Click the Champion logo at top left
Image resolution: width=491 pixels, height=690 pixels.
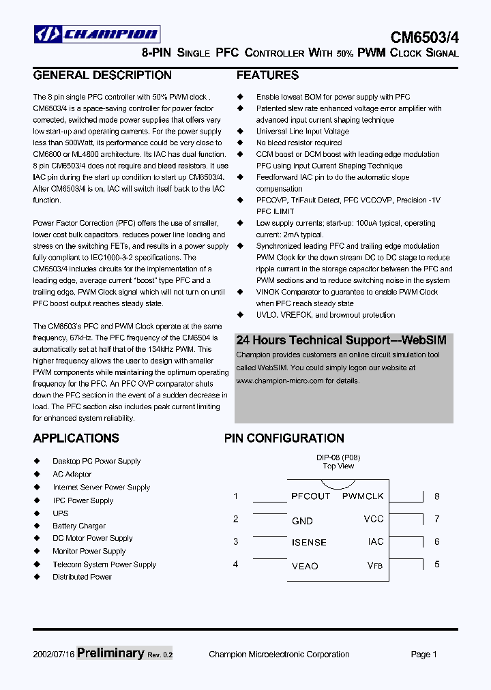pyautogui.click(x=97, y=33)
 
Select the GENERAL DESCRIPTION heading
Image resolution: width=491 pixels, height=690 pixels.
pyautogui.click(x=102, y=75)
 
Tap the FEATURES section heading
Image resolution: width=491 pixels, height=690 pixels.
pyautogui.click(x=267, y=75)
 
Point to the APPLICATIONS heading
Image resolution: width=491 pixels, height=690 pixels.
pyautogui.click(x=76, y=438)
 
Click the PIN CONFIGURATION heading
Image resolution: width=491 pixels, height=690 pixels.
pyautogui.click(x=284, y=438)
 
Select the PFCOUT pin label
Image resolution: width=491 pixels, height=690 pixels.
pyautogui.click(x=310, y=496)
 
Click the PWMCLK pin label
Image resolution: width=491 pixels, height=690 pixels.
pyautogui.click(x=363, y=496)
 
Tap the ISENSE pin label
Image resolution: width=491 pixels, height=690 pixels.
pyautogui.click(x=309, y=543)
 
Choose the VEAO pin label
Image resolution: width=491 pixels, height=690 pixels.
pyautogui.click(x=305, y=566)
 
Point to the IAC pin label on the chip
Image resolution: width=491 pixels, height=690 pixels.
pyautogui.click(x=376, y=541)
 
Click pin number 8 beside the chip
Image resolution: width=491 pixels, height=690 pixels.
pyautogui.click(x=437, y=496)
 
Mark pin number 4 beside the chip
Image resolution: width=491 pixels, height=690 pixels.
pyautogui.click(x=236, y=564)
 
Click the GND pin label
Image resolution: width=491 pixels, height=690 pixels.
pyautogui.click(x=302, y=521)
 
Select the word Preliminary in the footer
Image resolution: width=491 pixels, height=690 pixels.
pyautogui.click(x=110, y=653)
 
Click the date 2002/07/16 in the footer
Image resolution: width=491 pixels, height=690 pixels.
pyautogui.click(x=54, y=655)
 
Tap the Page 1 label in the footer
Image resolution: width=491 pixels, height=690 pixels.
pyautogui.click(x=423, y=655)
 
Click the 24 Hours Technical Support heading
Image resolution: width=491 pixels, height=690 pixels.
pyautogui.click(x=341, y=340)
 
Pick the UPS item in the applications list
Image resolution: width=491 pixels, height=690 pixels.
pyautogui.click(x=61, y=513)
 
